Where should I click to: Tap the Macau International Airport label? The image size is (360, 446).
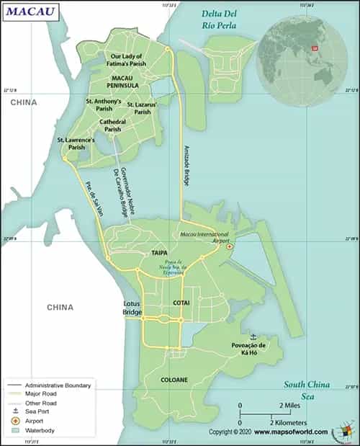pos(204,238)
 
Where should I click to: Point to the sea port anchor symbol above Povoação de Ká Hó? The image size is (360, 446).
pos(253,336)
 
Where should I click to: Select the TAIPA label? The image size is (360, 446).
pos(159,254)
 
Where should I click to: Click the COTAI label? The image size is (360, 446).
pos(181,303)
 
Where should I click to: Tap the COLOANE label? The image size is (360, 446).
pos(174,379)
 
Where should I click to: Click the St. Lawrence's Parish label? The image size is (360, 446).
pos(76,143)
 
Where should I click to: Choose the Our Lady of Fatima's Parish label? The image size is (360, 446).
pos(126,60)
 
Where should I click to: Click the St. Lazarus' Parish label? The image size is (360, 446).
pos(143,108)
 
